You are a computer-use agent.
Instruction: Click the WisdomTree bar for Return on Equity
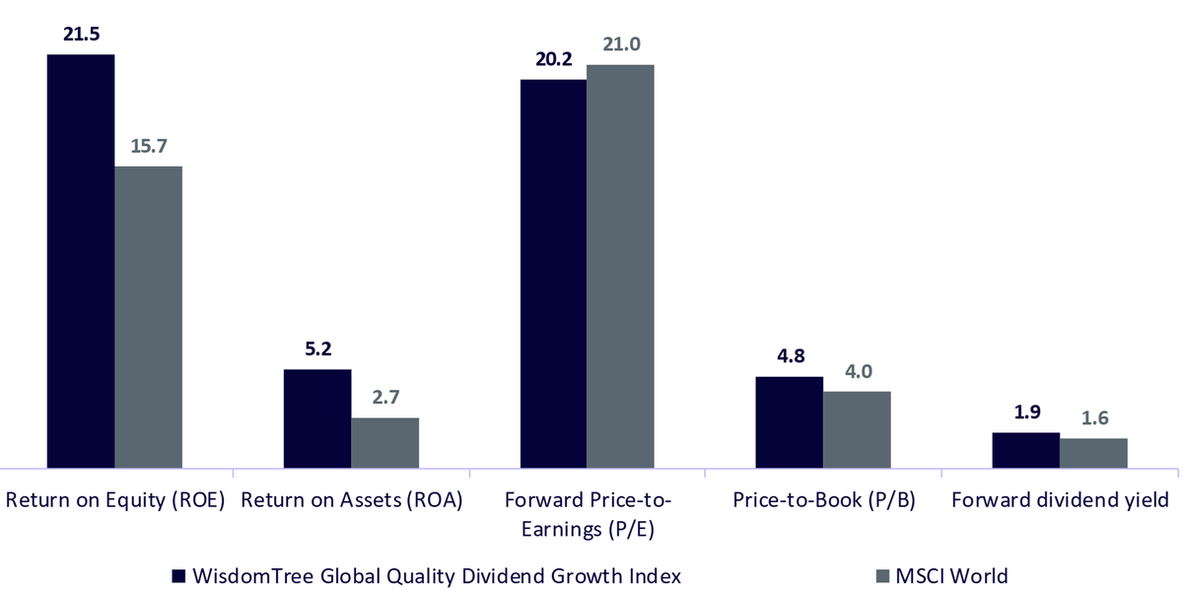click(81, 261)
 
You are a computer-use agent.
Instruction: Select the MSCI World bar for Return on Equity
click(149, 317)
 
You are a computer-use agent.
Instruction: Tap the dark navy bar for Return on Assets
click(317, 418)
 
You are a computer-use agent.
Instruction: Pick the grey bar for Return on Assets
click(385, 443)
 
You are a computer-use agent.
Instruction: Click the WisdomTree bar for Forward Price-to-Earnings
click(553, 273)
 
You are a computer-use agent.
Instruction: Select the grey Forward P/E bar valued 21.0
click(620, 266)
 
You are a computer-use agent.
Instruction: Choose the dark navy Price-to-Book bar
click(789, 422)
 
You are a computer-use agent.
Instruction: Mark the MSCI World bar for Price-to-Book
click(857, 429)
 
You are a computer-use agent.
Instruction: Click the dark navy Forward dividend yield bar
click(1025, 450)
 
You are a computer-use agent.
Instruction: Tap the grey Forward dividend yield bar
click(1093, 453)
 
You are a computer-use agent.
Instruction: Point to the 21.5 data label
click(81, 34)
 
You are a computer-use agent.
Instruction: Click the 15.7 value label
click(149, 146)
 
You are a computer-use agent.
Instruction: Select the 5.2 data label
click(317, 348)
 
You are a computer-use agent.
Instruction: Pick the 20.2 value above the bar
click(553, 59)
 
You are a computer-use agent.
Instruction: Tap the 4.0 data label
click(859, 371)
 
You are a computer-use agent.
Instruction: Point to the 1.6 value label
click(1095, 417)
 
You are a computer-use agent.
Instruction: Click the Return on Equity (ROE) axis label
click(115, 500)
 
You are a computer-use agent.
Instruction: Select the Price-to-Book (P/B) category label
click(824, 500)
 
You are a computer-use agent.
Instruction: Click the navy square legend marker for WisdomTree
click(178, 576)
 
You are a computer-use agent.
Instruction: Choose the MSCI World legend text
click(951, 576)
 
